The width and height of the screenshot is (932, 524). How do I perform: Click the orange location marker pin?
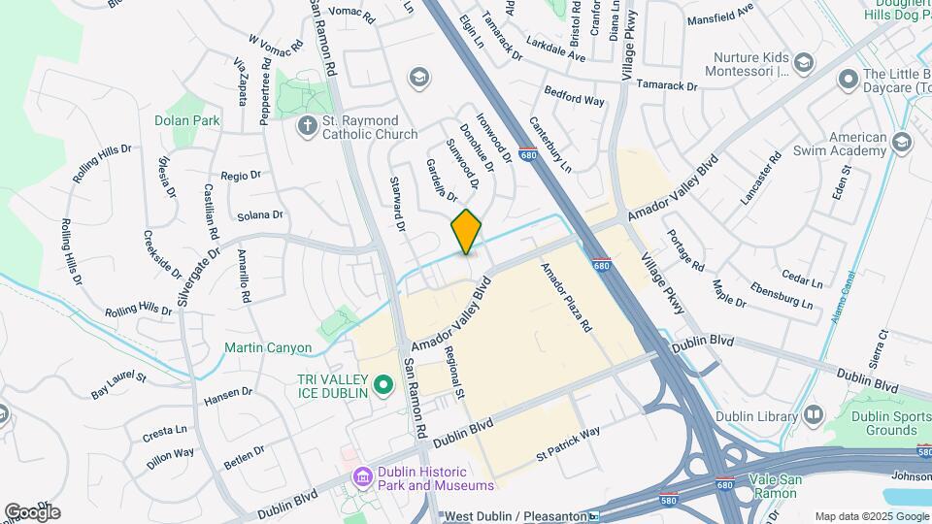(x=466, y=232)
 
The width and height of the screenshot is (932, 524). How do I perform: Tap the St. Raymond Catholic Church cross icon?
(x=308, y=125)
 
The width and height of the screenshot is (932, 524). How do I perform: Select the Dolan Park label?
(x=186, y=121)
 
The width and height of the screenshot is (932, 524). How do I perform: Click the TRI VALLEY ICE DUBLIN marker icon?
(x=383, y=385)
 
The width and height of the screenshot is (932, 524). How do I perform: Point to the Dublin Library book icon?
(x=813, y=415)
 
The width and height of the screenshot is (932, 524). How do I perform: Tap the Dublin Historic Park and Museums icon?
(x=363, y=476)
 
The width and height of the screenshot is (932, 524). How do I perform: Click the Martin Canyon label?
(x=268, y=347)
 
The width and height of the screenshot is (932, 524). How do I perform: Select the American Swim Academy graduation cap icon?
(x=902, y=144)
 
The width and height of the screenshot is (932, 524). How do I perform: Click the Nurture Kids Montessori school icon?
(x=802, y=63)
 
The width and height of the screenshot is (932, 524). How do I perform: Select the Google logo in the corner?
(x=32, y=511)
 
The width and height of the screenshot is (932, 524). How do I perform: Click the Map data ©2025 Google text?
(x=872, y=516)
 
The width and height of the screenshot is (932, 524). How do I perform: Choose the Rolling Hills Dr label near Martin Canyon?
(x=138, y=310)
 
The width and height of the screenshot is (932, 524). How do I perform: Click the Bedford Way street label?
(x=574, y=99)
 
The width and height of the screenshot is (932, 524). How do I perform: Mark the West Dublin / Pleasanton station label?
(x=514, y=516)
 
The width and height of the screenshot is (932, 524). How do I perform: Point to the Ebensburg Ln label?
(x=782, y=295)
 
